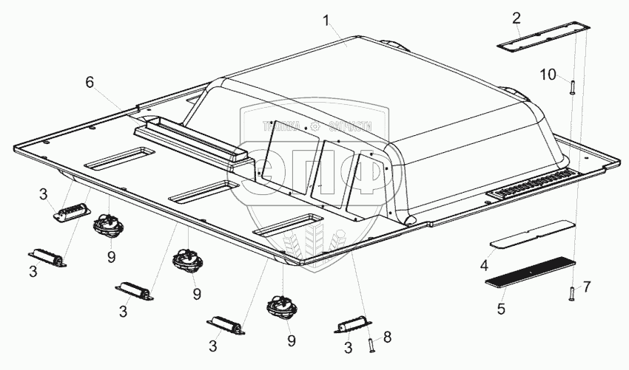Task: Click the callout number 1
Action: pyautogui.click(x=326, y=21)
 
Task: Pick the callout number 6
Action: pyautogui.click(x=90, y=82)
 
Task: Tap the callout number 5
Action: pyautogui.click(x=502, y=308)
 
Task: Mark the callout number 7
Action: pyautogui.click(x=588, y=285)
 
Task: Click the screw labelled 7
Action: pyautogui.click(x=571, y=294)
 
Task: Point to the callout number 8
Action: pyautogui.click(x=386, y=336)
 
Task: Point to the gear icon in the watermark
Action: pyautogui.click(x=314, y=126)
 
